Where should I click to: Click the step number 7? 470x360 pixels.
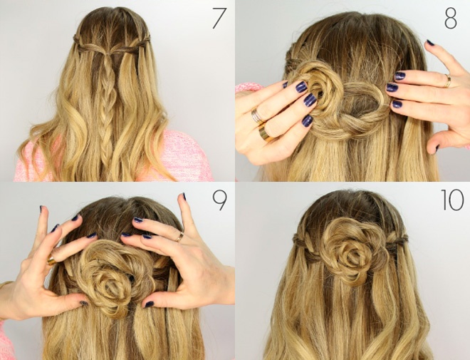tap(219, 19)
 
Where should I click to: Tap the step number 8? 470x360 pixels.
tap(451, 19)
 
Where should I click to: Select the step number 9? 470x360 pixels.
tap(220, 201)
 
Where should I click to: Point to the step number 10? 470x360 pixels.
tap(453, 200)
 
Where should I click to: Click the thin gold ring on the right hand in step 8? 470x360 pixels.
tap(447, 81)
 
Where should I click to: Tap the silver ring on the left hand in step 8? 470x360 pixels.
tap(257, 116)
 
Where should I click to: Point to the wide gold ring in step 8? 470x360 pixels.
tap(266, 132)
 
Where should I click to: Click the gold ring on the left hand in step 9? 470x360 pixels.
tap(51, 259)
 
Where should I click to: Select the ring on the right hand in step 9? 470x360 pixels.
tap(179, 237)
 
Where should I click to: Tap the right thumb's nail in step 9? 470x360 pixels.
tap(149, 304)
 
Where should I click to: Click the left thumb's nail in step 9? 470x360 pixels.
tap(84, 303)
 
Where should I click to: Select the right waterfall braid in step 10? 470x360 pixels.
tap(396, 243)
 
